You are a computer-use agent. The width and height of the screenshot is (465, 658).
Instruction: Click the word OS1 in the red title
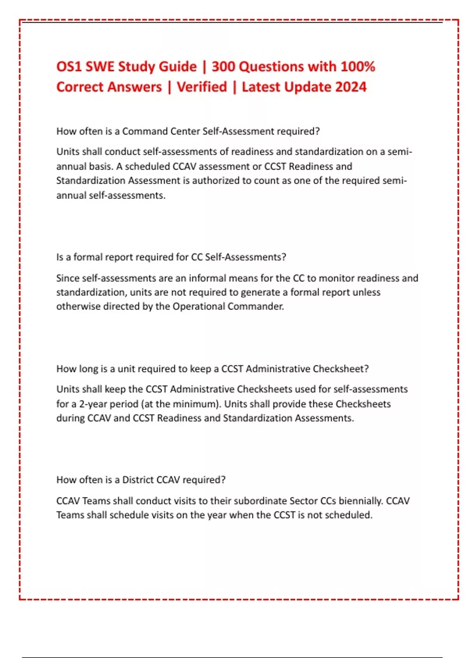coord(69,67)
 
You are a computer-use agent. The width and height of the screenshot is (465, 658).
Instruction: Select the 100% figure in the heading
coord(358,67)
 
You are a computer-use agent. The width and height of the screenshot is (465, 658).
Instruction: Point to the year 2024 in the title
coord(350,87)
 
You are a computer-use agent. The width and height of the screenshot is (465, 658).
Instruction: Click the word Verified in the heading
coord(202,87)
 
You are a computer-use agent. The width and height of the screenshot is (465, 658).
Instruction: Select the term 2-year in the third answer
coord(94,404)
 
